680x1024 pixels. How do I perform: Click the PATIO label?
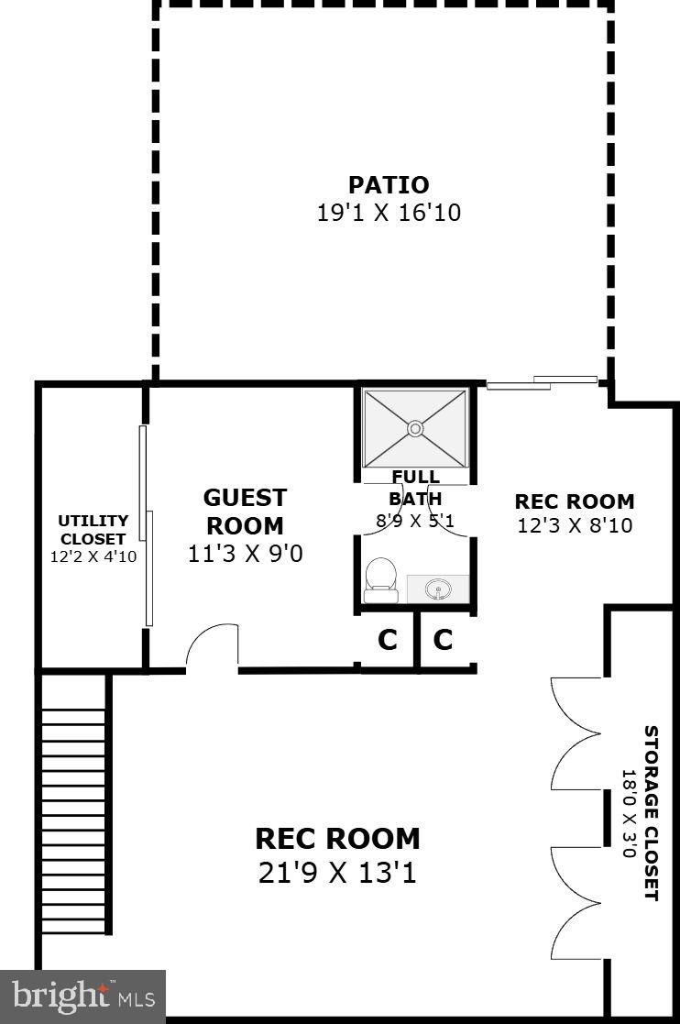(x=388, y=184)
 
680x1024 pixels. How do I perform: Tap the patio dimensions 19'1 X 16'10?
(x=388, y=214)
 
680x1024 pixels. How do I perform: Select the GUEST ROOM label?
(x=245, y=512)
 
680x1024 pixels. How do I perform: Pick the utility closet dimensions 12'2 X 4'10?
(x=93, y=556)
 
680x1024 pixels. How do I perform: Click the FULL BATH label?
(x=415, y=488)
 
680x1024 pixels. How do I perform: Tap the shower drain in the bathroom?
(x=415, y=428)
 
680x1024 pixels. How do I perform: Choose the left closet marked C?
(x=388, y=640)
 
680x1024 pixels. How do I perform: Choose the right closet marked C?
(x=444, y=640)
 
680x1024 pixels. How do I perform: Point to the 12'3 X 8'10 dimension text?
(x=574, y=525)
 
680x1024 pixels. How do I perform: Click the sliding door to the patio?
(x=542, y=382)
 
